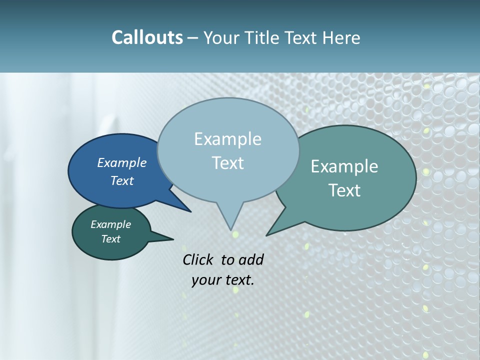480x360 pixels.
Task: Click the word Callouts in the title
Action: coord(147,37)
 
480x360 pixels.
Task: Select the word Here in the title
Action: coord(342,37)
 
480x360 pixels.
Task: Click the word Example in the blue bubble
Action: coord(121,162)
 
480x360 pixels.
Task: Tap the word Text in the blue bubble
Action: coord(121,180)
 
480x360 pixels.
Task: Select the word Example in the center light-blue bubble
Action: coord(227,139)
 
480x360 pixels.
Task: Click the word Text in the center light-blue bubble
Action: coord(227,163)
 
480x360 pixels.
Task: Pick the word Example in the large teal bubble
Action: coord(344,166)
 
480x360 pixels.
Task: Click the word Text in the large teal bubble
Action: coord(344,190)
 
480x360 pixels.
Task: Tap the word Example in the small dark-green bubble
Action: coord(110,224)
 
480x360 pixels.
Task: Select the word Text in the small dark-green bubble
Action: coord(110,239)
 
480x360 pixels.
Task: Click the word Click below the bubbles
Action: coord(198,259)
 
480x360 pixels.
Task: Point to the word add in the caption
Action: coord(250,259)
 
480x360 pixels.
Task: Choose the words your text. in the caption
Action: coord(222,280)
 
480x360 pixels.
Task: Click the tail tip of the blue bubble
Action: coord(190,211)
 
